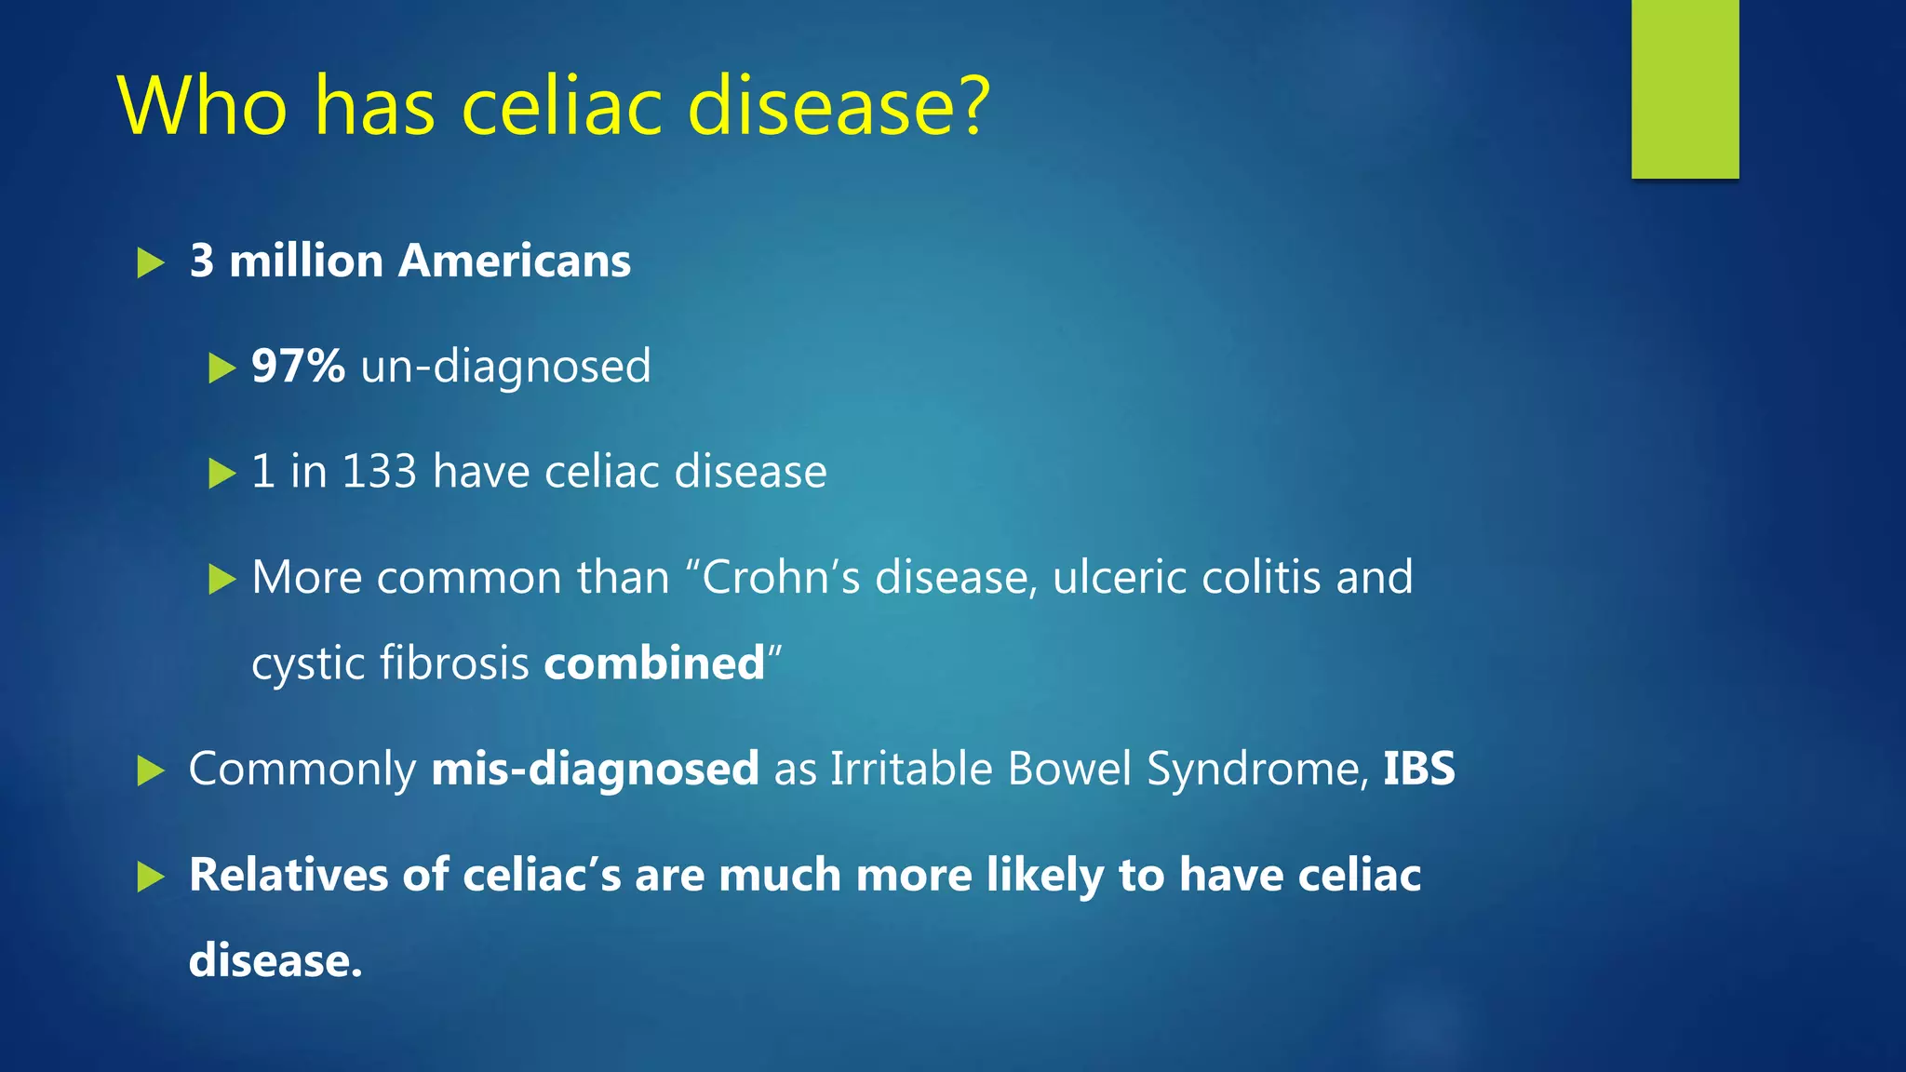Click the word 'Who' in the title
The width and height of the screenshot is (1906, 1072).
[203, 107]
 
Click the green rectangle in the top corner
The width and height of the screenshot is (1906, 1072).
[1685, 88]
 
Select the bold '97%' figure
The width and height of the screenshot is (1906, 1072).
[298, 366]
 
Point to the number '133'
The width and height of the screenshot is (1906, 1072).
[379, 471]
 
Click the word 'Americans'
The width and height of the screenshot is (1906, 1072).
[514, 261]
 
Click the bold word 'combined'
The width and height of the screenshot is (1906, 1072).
[654, 663]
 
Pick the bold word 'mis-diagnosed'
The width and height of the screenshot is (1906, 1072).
[595, 770]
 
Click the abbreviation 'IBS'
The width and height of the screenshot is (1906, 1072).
[1418, 769]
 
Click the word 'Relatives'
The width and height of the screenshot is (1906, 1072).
[288, 875]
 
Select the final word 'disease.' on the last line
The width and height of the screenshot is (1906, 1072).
[275, 960]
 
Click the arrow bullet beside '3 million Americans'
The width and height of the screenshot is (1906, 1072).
[150, 262]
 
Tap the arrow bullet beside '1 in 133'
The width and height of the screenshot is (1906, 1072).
[221, 473]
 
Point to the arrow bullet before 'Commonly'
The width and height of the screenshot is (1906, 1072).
[150, 770]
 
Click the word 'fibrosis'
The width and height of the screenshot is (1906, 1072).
[454, 663]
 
